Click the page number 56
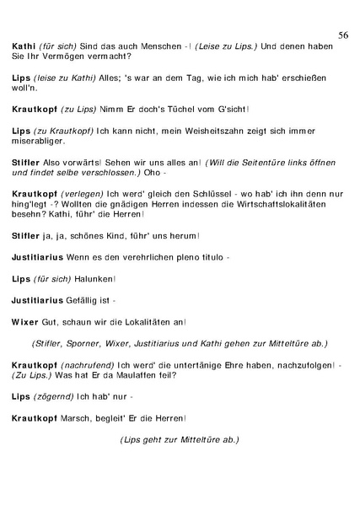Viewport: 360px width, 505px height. coord(343,35)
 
